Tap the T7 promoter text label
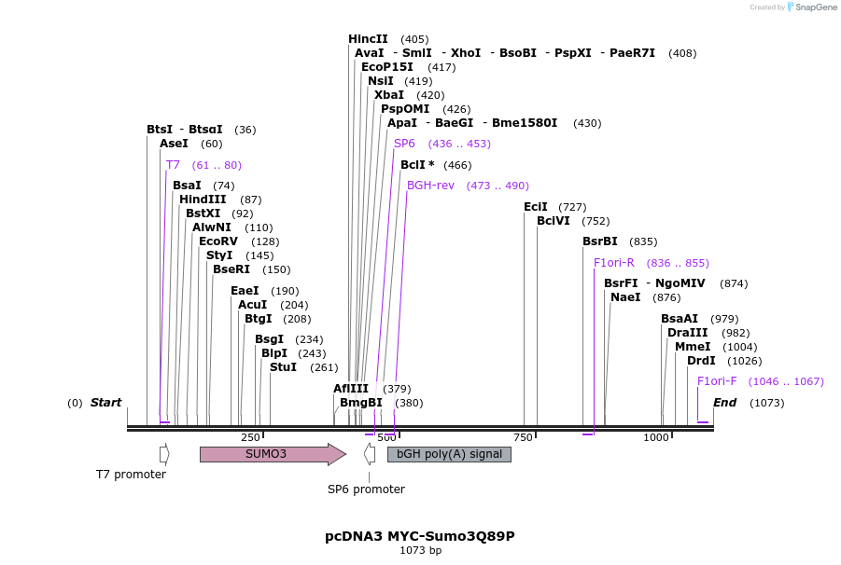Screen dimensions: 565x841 pos(131,475)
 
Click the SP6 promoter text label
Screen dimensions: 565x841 pos(366,489)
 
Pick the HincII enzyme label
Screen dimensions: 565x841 pos(368,39)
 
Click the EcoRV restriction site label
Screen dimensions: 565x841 pos(218,241)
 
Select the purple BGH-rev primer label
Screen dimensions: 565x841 pos(430,186)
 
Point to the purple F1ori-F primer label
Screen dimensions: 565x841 pos(717,381)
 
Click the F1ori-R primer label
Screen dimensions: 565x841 pos(614,263)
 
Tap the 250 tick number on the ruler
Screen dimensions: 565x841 pos(250,437)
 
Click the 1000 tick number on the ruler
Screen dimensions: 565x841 pos(656,437)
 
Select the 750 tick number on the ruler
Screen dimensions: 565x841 pos(522,437)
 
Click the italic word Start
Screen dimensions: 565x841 pos(105,403)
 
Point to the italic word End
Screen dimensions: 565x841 pos(725,403)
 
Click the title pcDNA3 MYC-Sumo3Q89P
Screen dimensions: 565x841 pos(420,536)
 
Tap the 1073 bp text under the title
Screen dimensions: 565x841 pos(420,551)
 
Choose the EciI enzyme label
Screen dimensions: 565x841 pos(536,207)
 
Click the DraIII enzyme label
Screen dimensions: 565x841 pos(687,333)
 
